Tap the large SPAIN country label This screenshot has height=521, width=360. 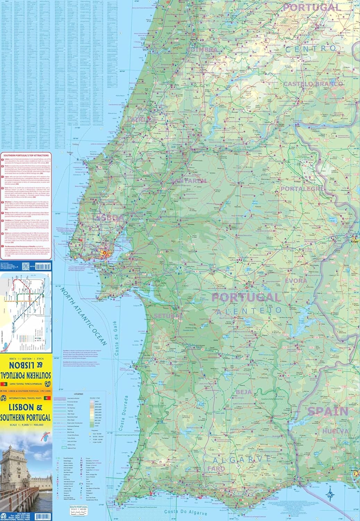(x=328, y=412)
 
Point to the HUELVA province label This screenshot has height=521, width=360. (x=335, y=431)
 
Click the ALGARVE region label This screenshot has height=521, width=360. (x=242, y=460)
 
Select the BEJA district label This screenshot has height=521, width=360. (x=244, y=392)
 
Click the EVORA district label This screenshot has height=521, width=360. (x=296, y=281)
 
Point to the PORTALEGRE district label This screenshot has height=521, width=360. (x=302, y=189)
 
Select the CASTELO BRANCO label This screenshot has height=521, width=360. (x=313, y=84)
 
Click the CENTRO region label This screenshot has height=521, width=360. (x=311, y=49)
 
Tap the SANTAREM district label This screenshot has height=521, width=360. (x=189, y=181)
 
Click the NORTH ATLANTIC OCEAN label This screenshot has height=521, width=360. (x=83, y=316)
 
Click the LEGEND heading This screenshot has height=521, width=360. (x=78, y=394)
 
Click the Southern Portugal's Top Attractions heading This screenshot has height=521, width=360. (x=26, y=155)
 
